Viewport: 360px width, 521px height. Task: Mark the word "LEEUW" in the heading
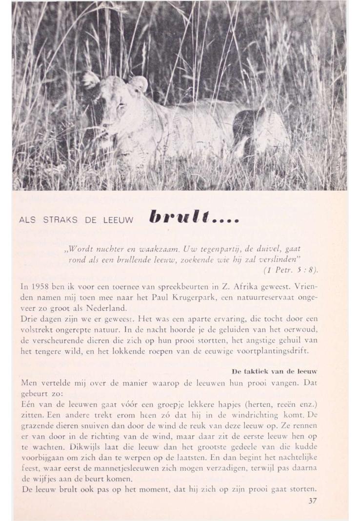[118, 220]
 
